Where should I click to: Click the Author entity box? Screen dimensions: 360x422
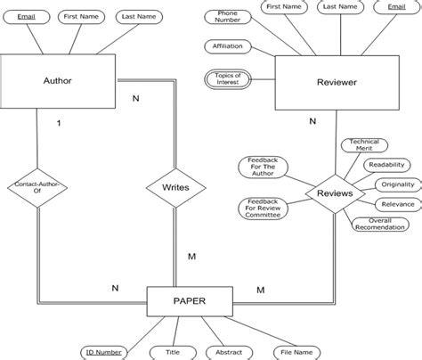[58, 81]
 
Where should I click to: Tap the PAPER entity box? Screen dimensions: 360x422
[189, 301]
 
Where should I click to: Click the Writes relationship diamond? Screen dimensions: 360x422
[176, 188]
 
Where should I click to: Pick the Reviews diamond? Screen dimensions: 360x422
[336, 193]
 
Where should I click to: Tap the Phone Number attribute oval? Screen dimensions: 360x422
[222, 17]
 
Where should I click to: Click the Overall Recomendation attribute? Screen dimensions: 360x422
[379, 225]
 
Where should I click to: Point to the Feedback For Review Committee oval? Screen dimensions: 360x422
[263, 209]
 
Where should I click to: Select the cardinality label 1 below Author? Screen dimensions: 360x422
[58, 125]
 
